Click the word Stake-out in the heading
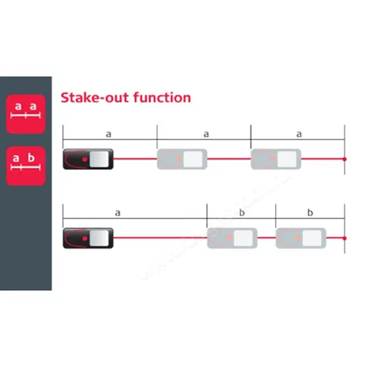pos(89,97)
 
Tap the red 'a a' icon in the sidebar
pos(26,114)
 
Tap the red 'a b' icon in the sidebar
pos(26,165)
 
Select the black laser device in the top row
pos(88,160)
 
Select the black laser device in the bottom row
pos(88,237)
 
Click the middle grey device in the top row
pos(182,160)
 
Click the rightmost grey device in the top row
pos(276,160)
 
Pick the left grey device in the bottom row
pos(232,237)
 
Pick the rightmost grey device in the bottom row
pos(301,237)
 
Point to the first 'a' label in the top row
pos(109,134)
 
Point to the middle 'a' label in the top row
pos(206,134)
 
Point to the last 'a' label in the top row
pos(299,134)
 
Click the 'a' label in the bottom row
pos(117,212)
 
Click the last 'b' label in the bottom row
pos(310,212)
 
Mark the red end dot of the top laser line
pos(345,160)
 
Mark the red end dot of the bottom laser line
pos(345,237)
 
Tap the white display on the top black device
pos(102,160)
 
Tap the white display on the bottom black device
pos(102,237)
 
